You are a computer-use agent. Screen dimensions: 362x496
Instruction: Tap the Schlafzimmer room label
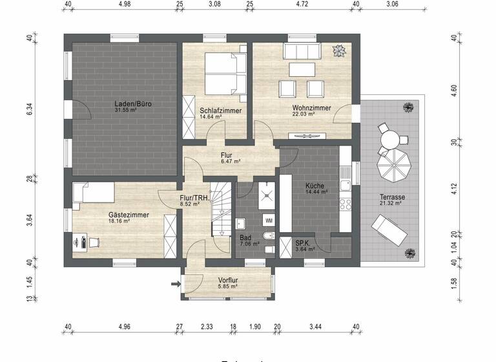point(221,111)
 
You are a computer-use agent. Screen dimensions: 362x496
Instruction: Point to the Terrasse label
point(391,197)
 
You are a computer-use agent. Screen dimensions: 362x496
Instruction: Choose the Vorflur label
point(229,280)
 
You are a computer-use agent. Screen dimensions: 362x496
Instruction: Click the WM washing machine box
point(269,221)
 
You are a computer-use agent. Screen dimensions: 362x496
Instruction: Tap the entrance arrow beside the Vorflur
point(175,283)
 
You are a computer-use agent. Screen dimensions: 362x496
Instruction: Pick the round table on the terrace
point(389,138)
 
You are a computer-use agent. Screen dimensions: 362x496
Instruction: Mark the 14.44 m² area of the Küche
point(315,193)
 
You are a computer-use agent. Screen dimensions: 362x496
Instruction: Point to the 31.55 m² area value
point(128,110)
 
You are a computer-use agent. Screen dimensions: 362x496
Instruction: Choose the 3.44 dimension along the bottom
point(315,327)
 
